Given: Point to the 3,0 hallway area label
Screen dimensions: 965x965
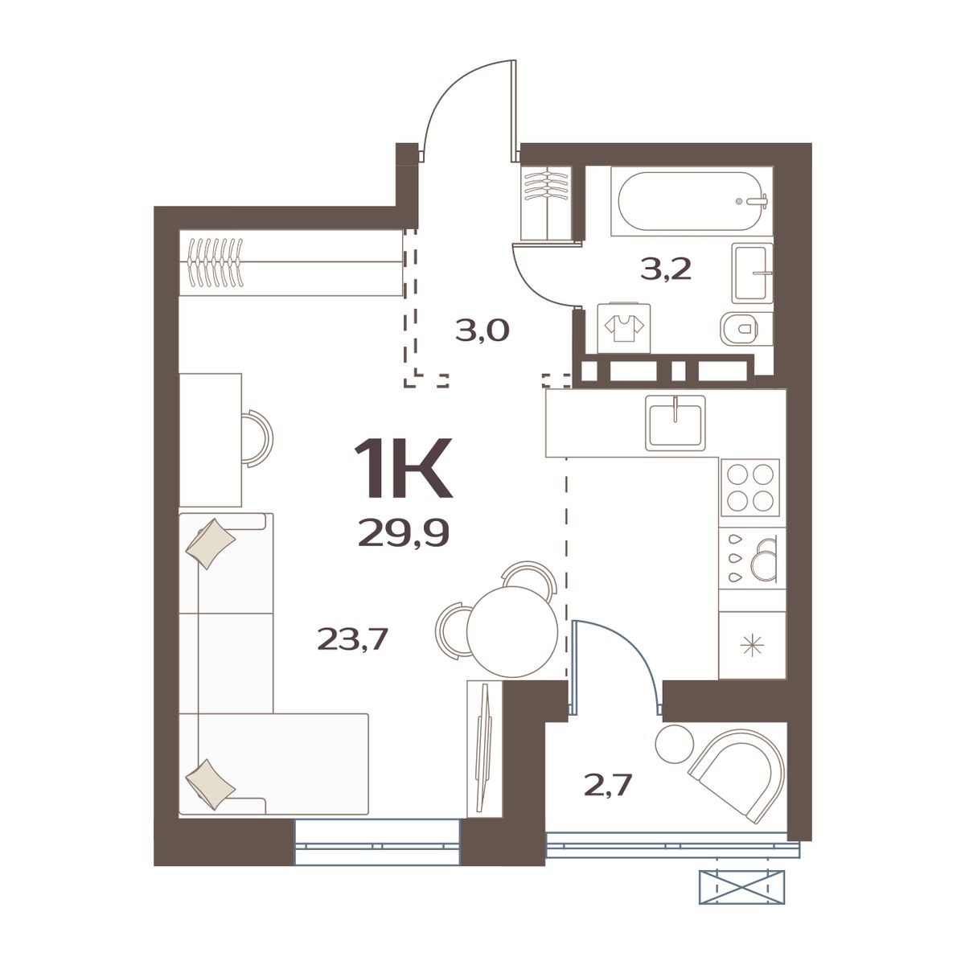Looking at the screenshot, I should point(482,330).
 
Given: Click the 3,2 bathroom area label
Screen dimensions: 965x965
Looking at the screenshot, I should point(666,270).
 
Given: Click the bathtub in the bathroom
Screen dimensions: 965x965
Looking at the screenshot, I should point(691,201).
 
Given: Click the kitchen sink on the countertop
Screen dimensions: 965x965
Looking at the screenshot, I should point(675,422).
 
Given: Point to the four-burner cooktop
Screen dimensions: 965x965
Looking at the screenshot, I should point(750,487).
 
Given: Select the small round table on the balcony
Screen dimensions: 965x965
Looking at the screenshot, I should point(673,743).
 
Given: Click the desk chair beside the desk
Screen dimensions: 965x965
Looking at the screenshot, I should point(258,437).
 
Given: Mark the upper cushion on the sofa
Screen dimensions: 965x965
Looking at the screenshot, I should point(210,543).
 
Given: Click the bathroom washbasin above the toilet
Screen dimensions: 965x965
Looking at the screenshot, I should point(752,273).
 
